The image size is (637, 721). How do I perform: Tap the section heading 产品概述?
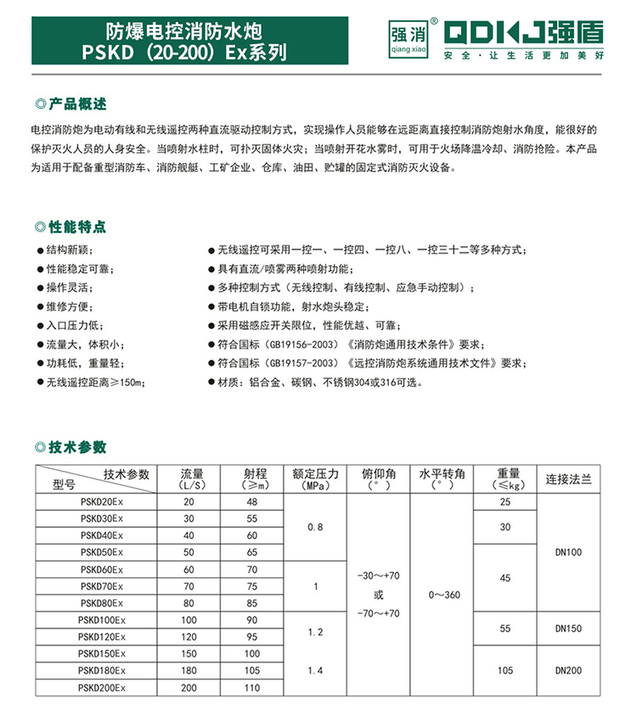pos(78,105)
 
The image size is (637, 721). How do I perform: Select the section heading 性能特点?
pos(78,227)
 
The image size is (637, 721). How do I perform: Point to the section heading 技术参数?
pos(78,447)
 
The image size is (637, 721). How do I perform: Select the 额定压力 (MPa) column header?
pos(315,479)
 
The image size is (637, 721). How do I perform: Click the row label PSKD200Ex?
pos(100,687)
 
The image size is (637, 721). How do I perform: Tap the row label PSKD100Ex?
pos(100,619)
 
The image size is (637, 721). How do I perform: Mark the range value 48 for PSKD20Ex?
pos(251,502)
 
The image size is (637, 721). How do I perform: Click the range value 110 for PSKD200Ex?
pos(251,687)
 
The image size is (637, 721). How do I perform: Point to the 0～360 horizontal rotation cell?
pos(442,594)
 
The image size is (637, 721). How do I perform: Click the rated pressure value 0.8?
pos(315,527)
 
